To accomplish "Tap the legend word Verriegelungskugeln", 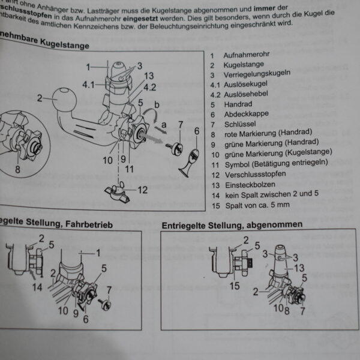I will pyautogui.click(x=257, y=74).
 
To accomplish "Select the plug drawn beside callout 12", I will pyautogui.click(x=119, y=191).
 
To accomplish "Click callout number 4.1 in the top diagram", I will pyautogui.click(x=89, y=85).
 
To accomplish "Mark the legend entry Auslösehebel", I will pyautogui.click(x=247, y=94).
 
